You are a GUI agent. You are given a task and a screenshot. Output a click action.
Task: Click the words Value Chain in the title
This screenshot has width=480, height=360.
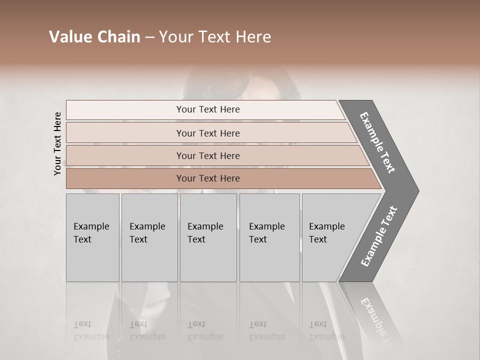coord(94,37)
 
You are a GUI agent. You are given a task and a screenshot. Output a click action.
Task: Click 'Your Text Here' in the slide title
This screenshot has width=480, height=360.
coord(215,37)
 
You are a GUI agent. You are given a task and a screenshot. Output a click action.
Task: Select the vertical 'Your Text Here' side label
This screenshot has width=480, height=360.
coord(57,144)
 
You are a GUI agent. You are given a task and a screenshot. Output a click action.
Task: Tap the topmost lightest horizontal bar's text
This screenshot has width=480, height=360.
coord(208,109)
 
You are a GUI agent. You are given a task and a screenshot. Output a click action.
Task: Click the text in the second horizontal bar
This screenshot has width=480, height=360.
coord(208,133)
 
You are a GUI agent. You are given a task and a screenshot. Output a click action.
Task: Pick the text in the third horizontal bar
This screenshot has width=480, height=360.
coord(208,155)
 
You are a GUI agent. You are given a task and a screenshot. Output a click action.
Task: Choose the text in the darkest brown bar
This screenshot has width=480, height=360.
coord(208,178)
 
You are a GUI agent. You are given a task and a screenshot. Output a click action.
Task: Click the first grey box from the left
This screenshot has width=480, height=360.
coord(92,237)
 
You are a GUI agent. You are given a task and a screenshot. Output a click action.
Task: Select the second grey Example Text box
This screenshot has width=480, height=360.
coord(149,237)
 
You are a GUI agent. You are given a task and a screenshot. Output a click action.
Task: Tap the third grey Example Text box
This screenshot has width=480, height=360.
coord(208,237)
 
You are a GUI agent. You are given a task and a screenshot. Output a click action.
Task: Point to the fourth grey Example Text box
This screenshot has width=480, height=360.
coord(269,237)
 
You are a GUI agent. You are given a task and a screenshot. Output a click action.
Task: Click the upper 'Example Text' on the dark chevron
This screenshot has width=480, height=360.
coord(377,142)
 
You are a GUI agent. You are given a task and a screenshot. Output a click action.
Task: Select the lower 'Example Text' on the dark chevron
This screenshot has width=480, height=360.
coord(379,236)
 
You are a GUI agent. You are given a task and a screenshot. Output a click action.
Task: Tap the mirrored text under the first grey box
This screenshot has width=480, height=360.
coord(91,330)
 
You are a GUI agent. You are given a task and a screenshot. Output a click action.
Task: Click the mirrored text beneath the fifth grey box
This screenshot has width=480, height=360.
coord(326,330)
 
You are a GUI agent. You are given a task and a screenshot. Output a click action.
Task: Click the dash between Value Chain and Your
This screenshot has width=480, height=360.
coord(149,37)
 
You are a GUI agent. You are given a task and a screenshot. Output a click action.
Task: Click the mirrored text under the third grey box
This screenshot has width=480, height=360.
coord(205,330)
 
